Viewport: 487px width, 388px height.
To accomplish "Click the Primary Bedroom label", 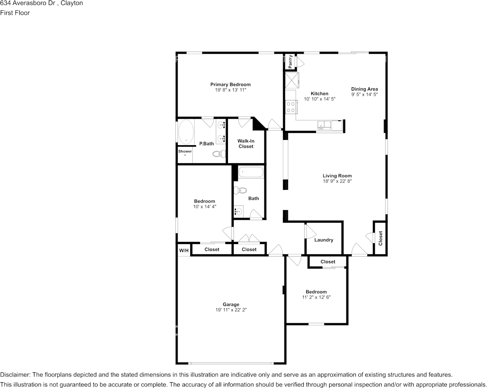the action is (x=230, y=84).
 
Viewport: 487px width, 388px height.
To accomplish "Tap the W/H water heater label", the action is (x=184, y=250).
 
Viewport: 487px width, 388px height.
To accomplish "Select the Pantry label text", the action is (x=290, y=62).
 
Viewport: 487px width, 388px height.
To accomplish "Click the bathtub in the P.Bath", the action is (x=186, y=132).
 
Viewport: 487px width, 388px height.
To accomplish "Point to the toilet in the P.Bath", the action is (x=219, y=153).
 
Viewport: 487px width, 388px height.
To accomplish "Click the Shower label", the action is (x=185, y=151).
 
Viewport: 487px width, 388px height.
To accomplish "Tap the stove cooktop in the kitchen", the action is (x=291, y=107).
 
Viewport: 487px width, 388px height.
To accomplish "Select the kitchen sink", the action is (x=324, y=125).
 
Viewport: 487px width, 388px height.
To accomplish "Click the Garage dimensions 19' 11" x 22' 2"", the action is (x=231, y=310).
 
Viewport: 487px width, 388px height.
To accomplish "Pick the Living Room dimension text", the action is (x=337, y=181).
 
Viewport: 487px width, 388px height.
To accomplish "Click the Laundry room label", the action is (x=323, y=240).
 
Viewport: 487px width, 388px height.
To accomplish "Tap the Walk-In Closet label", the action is (x=246, y=144).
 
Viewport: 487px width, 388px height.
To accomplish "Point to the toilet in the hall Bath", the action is (x=240, y=190).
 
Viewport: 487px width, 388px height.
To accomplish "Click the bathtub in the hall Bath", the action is (x=251, y=172).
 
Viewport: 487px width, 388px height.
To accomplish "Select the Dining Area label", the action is (x=364, y=89).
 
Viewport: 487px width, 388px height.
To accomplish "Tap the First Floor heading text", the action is (x=15, y=13).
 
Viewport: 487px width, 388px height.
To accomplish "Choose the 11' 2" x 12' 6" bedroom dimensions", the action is (x=316, y=297).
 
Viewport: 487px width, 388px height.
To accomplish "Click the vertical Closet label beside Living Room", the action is (x=380, y=238).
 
